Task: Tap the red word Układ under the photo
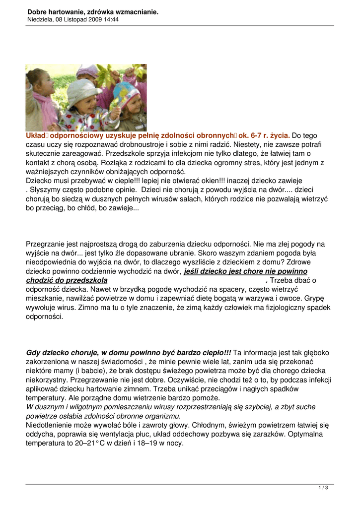pyautogui.click(x=36, y=135)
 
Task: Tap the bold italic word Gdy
pyautogui.click(x=33, y=353)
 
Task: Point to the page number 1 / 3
pyautogui.click(x=323, y=488)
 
